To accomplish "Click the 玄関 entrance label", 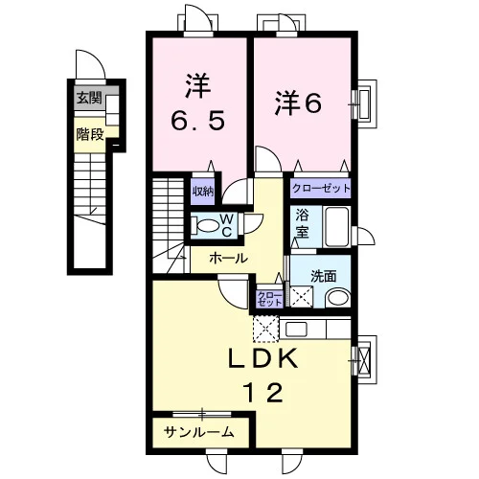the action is (89, 98).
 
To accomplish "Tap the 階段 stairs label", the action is (90, 135).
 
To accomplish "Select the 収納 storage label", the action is (202, 192).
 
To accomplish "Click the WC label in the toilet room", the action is (226, 225).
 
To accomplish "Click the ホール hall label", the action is (228, 258).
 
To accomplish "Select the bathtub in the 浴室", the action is (336, 226).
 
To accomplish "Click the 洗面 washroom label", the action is (324, 276).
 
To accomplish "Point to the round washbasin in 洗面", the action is (338, 297).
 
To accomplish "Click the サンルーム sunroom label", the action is (199, 432).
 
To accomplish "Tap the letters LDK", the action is (262, 357).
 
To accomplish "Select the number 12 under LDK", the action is (263, 392).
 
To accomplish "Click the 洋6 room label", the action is (298, 103).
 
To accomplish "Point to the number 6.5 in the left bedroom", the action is (198, 121).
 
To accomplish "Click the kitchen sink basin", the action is (296, 329).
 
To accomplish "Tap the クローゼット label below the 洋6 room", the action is (321, 189).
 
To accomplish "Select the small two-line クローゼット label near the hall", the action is (270, 299).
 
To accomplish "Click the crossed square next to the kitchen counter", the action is (266, 329).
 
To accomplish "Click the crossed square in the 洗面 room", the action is (301, 297).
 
